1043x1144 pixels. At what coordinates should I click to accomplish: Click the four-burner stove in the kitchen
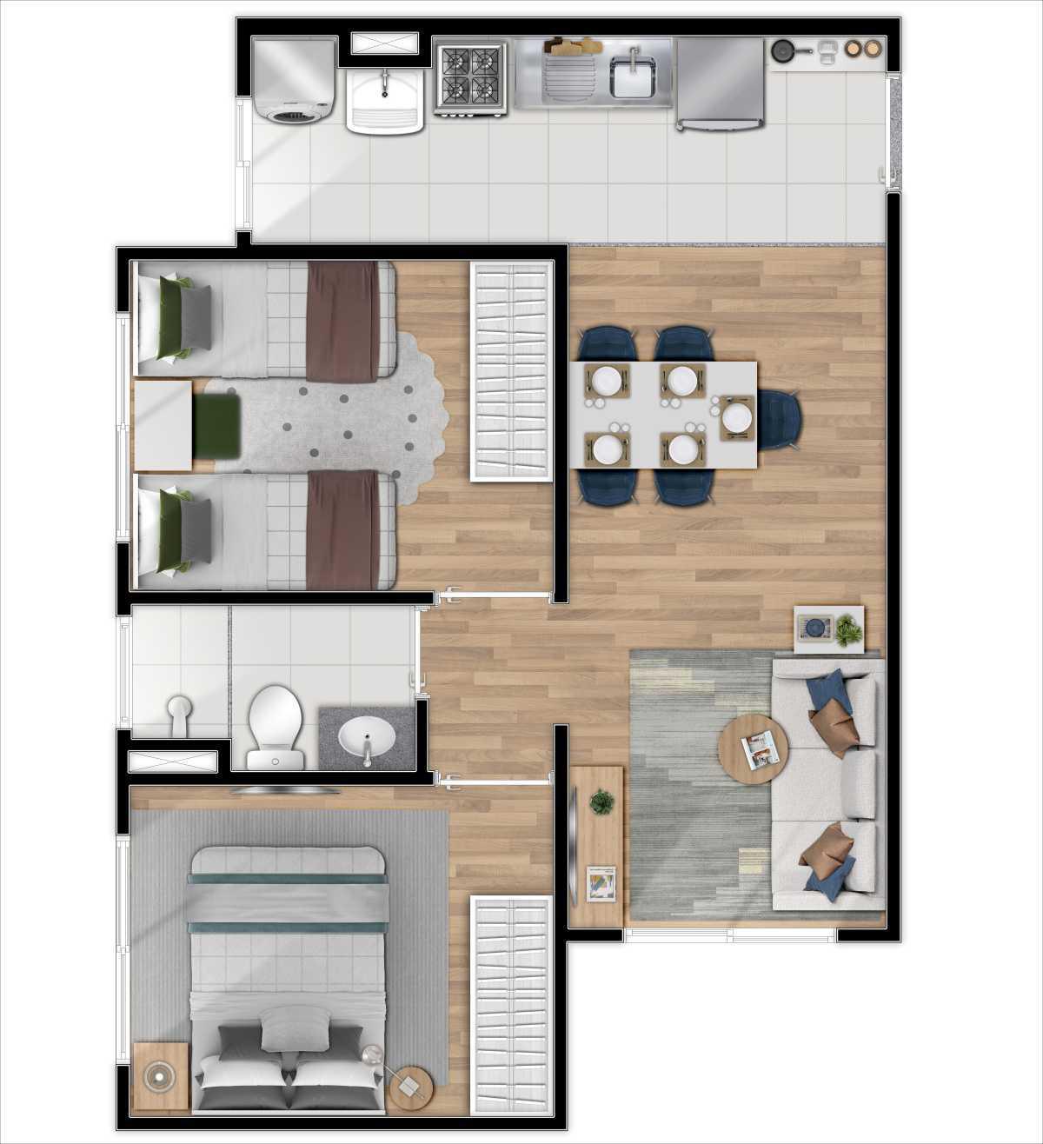[x=469, y=76]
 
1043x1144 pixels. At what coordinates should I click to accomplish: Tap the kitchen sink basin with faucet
[x=633, y=76]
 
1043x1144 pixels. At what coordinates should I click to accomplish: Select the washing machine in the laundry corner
[x=295, y=78]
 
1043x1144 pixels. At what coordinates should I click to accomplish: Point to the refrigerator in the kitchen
[x=721, y=81]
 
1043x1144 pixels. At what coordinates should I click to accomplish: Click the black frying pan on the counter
[x=783, y=50]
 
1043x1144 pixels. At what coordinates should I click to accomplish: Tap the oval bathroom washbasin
[x=366, y=737]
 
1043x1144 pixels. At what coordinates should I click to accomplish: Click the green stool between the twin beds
[x=216, y=427]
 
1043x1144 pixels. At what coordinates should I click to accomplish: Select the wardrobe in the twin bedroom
[x=510, y=371]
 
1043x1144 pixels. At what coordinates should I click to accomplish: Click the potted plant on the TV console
[x=601, y=801]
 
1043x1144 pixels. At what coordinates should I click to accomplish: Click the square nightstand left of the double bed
[x=160, y=1077]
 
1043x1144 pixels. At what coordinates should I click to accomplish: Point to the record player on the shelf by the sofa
[x=816, y=627]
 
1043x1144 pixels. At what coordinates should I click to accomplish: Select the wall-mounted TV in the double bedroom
[x=282, y=790]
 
